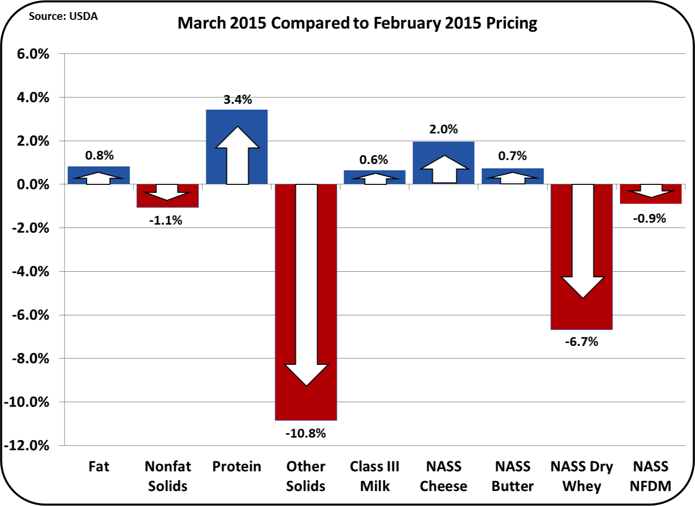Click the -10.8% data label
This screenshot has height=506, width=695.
point(306,433)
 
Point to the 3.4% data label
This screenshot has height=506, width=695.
point(238,99)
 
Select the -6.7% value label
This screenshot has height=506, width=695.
point(581,342)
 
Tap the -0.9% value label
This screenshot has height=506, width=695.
point(649,219)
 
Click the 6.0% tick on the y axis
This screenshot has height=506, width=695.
point(33,54)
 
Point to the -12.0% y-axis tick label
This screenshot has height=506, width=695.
point(27,446)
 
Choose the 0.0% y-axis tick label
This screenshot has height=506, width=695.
point(33,184)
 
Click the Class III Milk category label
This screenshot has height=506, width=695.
point(375,476)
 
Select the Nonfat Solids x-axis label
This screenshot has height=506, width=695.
point(168,476)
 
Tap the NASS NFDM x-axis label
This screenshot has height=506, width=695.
point(651,476)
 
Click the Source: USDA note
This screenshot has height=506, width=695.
point(63,16)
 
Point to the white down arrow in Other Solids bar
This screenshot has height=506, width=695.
point(307,285)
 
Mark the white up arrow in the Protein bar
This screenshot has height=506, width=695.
point(238,155)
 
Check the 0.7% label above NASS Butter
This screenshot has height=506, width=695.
point(513,156)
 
